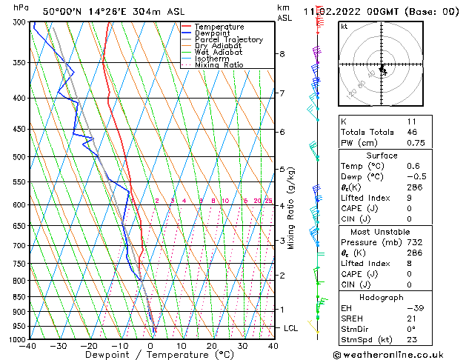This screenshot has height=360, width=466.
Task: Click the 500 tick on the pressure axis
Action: point(19,157)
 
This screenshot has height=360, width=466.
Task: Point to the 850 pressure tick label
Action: point(19,297)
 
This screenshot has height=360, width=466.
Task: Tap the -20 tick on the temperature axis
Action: point(89,346)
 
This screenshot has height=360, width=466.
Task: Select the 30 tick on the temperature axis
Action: point(242,346)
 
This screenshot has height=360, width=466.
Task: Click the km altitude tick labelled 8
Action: point(282,54)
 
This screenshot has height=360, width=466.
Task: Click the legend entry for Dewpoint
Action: point(212,33)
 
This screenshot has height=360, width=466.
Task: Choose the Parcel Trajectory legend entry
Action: point(228,40)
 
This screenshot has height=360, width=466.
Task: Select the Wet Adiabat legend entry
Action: point(218,53)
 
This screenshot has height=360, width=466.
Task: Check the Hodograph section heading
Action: point(382,297)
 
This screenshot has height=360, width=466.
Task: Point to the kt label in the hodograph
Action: point(344,26)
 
